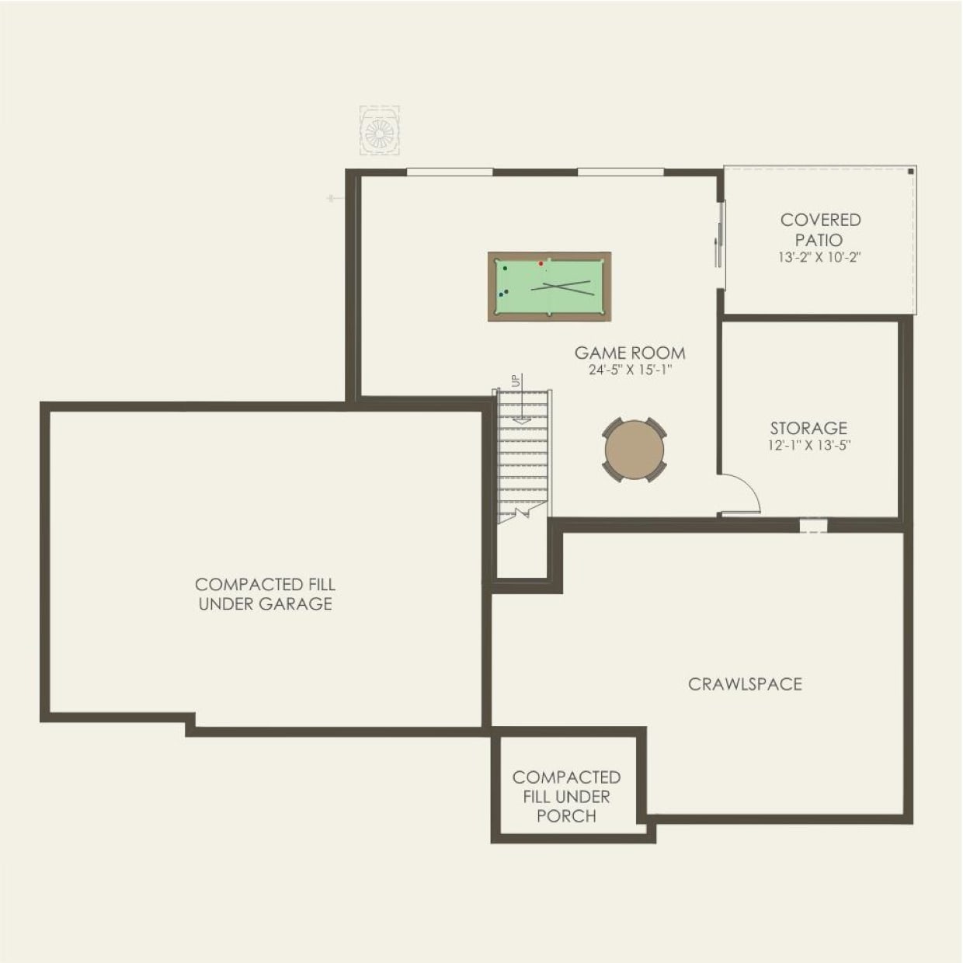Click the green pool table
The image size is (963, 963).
pyautogui.click(x=549, y=286)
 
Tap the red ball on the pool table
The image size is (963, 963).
pyautogui.click(x=541, y=264)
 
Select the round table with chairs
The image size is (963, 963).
pyautogui.click(x=634, y=450)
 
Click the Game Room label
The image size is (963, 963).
pyautogui.click(x=630, y=353)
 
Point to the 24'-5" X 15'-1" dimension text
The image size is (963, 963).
pyautogui.click(x=630, y=370)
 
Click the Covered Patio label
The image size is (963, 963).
pyautogui.click(x=820, y=230)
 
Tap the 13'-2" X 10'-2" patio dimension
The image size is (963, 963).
pyautogui.click(x=820, y=257)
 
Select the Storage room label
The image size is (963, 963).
pyautogui.click(x=808, y=428)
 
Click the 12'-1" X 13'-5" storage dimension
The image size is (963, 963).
pyautogui.click(x=808, y=446)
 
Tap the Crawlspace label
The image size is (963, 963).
pyautogui.click(x=745, y=684)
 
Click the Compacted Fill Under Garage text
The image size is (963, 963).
pyautogui.click(x=265, y=594)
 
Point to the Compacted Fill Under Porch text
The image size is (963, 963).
pyautogui.click(x=566, y=796)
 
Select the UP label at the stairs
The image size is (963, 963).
pyautogui.click(x=516, y=381)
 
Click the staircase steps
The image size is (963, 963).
pyautogui.click(x=523, y=458)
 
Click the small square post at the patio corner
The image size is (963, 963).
pyautogui.click(x=911, y=171)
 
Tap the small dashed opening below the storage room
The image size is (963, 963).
pyautogui.click(x=813, y=526)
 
